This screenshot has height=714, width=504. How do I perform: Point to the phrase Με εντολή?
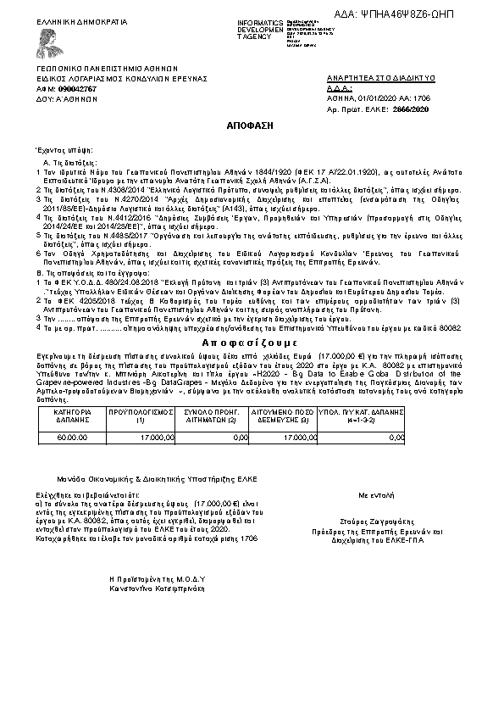(377, 492)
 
